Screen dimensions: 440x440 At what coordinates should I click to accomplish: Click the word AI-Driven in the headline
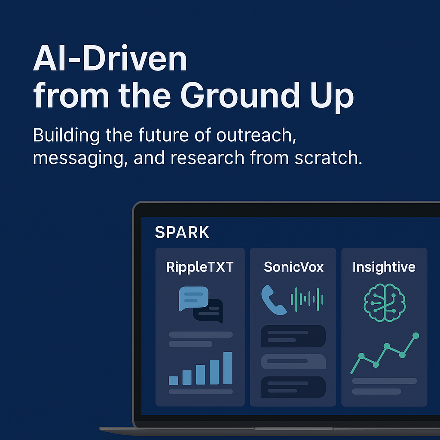pyautogui.click(x=110, y=58)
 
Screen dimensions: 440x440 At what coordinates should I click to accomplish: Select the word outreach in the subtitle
pyautogui.click(x=256, y=135)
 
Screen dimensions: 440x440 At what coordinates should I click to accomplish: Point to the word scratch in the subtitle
pyautogui.click(x=328, y=158)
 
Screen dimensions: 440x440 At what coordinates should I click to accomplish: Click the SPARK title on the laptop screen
pyautogui.click(x=182, y=232)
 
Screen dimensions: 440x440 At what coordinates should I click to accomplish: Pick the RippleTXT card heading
pyautogui.click(x=200, y=267)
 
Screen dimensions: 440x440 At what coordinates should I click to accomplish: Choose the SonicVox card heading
pyautogui.click(x=293, y=267)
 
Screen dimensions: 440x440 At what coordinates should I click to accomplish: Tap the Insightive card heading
pyautogui.click(x=384, y=267)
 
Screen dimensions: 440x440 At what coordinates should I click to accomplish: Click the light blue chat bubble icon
pyautogui.click(x=194, y=298)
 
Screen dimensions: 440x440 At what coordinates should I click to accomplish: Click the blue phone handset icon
pyautogui.click(x=273, y=300)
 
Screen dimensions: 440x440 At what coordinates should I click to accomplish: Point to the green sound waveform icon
pyautogui.click(x=307, y=299)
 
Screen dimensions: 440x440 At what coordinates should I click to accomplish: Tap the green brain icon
pyautogui.click(x=385, y=302)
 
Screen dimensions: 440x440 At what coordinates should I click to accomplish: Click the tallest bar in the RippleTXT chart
pyautogui.click(x=228, y=368)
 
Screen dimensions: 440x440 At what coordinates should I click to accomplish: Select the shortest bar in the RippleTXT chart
pyautogui.click(x=174, y=381)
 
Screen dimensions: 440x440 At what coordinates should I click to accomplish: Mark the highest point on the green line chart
pyautogui.click(x=416, y=336)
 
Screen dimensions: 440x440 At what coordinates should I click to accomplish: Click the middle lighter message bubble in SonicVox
pyautogui.click(x=293, y=361)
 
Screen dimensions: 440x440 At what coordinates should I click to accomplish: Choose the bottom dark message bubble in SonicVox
pyautogui.click(x=293, y=387)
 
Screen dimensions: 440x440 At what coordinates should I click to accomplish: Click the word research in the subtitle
pyautogui.click(x=208, y=158)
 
